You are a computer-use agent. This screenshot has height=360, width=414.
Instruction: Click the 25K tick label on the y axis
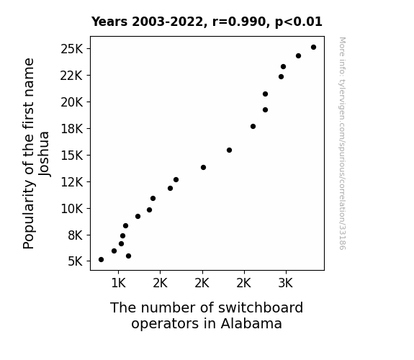71,49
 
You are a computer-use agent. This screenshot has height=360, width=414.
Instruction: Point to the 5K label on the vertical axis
76,261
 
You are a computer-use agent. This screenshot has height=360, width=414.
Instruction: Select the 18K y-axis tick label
71,129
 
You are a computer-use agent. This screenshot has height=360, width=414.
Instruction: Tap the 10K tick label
71,209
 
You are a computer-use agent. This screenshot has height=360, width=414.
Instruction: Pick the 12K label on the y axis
71,182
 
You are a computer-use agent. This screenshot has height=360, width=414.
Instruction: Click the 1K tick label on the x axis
118,283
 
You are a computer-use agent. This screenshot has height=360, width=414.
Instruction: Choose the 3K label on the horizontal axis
286,283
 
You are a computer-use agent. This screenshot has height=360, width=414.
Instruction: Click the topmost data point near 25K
313,48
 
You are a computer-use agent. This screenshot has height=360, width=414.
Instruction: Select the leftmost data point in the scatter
101,260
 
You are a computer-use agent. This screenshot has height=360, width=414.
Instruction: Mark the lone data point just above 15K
229,150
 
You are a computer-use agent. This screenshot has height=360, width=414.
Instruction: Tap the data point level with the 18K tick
253,126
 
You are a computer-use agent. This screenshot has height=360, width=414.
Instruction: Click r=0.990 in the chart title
239,22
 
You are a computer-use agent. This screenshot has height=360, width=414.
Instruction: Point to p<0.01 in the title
299,22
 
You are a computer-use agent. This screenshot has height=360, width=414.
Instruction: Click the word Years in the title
109,22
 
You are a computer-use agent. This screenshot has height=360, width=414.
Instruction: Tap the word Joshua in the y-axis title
44,153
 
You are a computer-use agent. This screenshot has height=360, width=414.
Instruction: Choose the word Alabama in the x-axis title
251,323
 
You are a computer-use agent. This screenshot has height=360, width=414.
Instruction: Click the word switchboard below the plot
261,307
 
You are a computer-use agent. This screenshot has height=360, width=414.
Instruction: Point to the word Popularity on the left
29,215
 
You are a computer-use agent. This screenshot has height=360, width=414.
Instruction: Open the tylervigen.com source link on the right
342,143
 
